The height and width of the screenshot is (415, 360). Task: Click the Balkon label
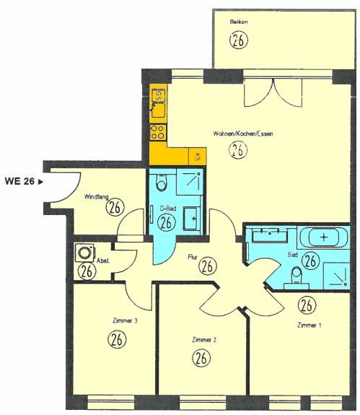[239, 22]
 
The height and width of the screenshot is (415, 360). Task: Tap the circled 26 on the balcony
[239, 40]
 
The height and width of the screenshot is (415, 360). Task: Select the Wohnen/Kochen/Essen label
[243, 134]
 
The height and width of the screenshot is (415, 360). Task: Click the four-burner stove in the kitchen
[157, 132]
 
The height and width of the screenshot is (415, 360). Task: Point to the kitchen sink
[158, 110]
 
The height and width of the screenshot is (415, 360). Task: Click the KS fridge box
[198, 157]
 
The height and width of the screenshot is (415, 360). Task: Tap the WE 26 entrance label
[23, 181]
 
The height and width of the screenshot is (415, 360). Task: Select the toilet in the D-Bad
[162, 182]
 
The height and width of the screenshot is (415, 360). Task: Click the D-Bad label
[168, 209]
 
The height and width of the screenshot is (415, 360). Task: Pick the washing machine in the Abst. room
[84, 253]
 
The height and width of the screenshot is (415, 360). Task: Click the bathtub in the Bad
[323, 237]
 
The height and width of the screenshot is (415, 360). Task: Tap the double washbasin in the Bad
[270, 235]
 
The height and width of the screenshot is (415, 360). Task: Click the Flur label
[193, 257]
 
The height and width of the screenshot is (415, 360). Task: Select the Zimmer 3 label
[125, 320]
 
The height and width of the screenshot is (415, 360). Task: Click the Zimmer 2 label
[204, 339]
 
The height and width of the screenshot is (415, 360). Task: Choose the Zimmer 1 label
[309, 325]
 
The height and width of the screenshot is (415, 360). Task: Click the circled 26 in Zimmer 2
[201, 358]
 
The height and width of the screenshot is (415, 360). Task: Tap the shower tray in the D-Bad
[190, 182]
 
